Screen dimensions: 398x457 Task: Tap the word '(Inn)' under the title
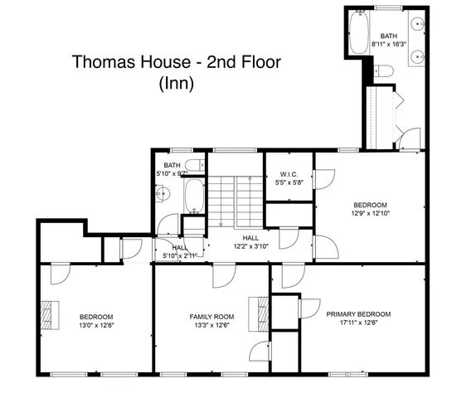pos(175,83)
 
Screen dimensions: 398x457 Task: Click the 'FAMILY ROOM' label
pos(211,317)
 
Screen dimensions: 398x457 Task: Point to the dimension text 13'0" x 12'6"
pos(96,325)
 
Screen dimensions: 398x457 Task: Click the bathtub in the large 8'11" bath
pos(360,33)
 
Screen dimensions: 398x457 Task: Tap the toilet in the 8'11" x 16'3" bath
pos(382,72)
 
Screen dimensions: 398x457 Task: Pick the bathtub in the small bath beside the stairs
pos(193,197)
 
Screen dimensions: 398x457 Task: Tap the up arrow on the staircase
pos(247,181)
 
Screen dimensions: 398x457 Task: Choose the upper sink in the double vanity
pos(421,25)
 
